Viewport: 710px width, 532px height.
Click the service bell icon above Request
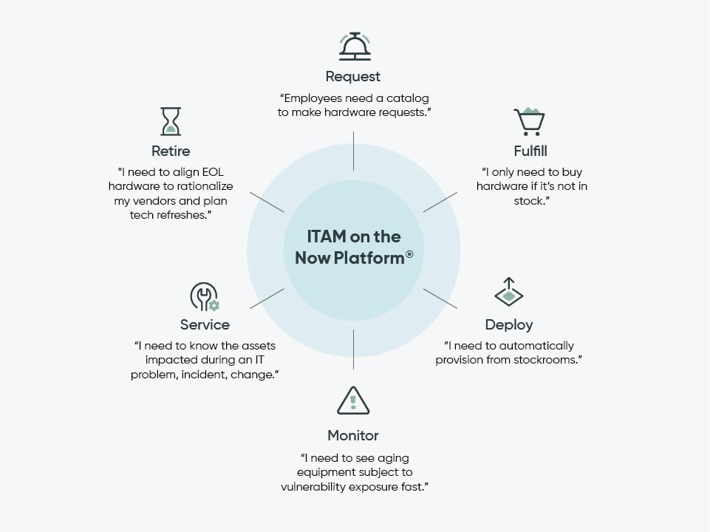(x=354, y=46)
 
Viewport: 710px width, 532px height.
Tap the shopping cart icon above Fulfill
(x=529, y=122)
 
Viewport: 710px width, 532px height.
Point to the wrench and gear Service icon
(x=204, y=296)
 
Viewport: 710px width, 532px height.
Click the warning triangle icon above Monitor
(x=353, y=400)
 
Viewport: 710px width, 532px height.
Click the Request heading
(x=353, y=77)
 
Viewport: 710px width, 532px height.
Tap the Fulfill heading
(x=530, y=152)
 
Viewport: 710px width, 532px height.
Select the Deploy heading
(x=508, y=324)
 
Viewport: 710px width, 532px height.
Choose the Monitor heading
(x=353, y=435)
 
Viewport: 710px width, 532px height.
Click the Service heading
(x=205, y=324)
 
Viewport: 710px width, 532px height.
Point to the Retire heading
(x=171, y=151)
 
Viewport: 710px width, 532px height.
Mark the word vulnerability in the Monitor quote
(x=313, y=487)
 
